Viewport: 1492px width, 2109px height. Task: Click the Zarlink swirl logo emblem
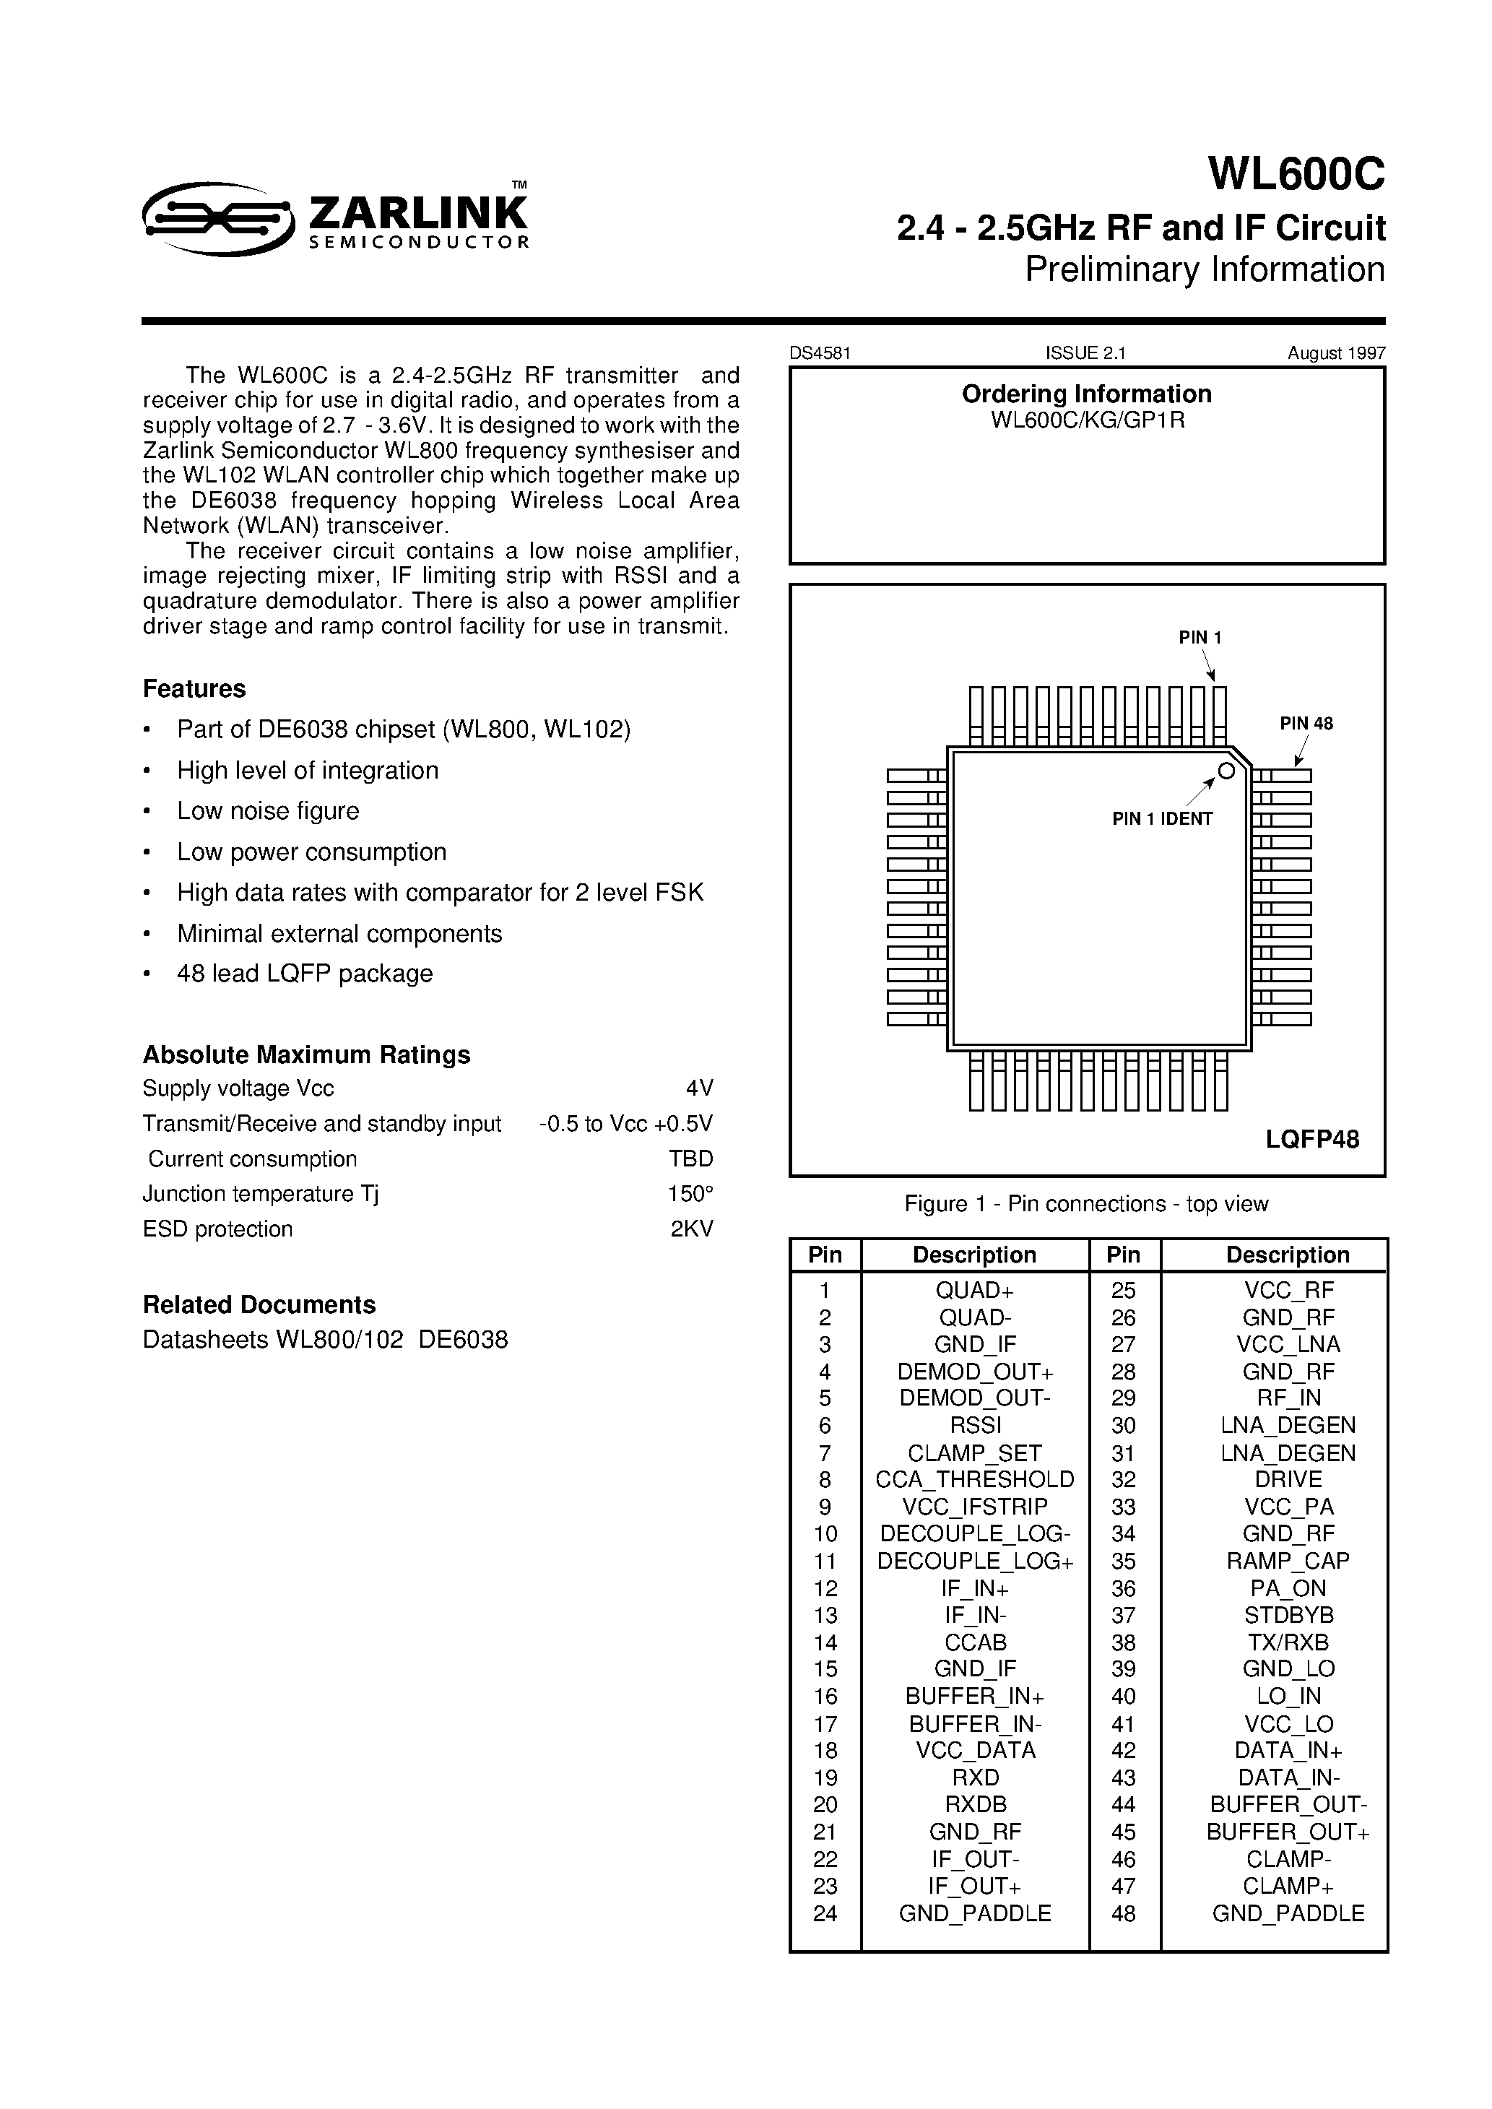pos(218,217)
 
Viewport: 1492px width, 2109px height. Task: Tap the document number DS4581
pos(820,352)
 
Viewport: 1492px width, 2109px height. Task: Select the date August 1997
pos(1336,352)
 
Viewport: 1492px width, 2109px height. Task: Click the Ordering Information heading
pos(1086,394)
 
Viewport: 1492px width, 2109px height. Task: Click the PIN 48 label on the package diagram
pos(1306,723)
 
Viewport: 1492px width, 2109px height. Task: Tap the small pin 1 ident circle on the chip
pos(1226,771)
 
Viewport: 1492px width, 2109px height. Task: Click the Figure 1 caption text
pos(1086,1203)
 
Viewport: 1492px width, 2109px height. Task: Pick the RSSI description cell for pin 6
pos(975,1425)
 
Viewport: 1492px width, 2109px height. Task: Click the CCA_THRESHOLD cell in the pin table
pos(975,1479)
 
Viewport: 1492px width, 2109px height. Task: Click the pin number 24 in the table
pos(824,1913)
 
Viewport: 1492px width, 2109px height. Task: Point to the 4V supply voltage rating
pos(699,1088)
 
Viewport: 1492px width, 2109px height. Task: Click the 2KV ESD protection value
pos(692,1229)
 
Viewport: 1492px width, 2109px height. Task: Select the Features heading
pos(194,689)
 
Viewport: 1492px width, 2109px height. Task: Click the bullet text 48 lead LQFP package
pos(304,974)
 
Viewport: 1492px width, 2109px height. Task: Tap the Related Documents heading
pos(259,1304)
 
